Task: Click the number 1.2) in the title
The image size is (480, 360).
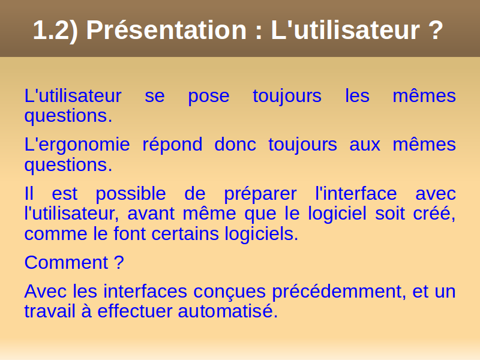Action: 55,31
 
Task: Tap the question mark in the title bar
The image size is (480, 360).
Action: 436,30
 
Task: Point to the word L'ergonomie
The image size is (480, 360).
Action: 77,146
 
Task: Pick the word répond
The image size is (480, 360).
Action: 172,145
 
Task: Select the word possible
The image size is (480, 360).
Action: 131,194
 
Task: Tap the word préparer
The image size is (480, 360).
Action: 260,194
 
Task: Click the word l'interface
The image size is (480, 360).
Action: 356,193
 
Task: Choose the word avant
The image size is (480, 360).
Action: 151,213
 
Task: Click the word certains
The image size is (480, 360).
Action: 185,233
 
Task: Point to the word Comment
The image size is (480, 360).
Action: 66,262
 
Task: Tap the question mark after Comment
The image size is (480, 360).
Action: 119,262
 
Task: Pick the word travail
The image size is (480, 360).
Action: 50,311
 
